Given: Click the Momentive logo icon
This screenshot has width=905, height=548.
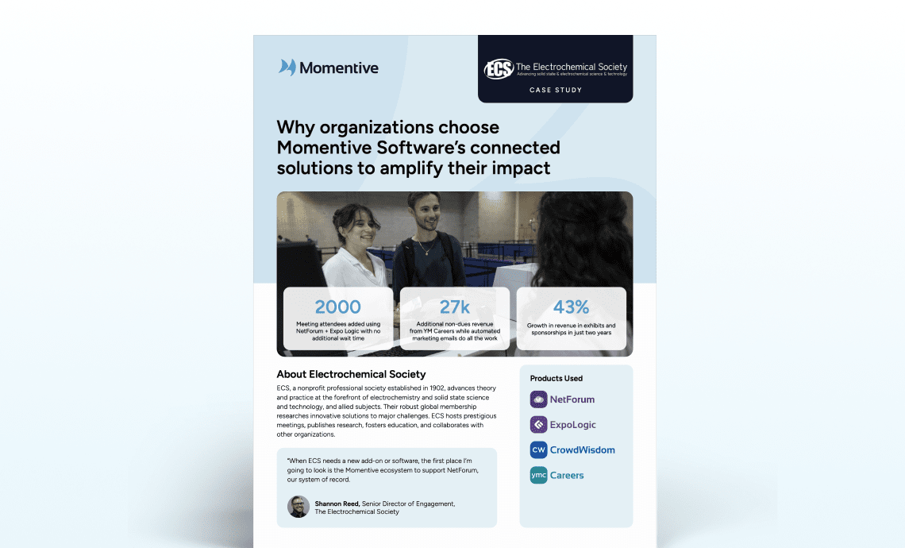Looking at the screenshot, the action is [x=287, y=68].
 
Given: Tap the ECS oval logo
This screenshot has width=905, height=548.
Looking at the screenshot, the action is [x=499, y=69].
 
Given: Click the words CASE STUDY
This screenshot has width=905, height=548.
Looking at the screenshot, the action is [x=556, y=90].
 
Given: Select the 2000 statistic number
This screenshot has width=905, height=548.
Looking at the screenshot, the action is [x=337, y=307].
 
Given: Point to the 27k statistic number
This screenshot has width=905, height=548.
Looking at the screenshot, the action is [x=454, y=307].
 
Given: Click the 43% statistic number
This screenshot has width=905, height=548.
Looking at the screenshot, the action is [x=571, y=307].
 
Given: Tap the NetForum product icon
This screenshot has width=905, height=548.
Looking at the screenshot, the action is [x=538, y=399].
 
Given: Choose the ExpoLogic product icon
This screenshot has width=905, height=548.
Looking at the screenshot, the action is [x=538, y=424].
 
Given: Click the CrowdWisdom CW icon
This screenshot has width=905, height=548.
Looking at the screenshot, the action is [x=538, y=450].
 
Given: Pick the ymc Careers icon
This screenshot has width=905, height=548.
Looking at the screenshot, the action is [x=538, y=475].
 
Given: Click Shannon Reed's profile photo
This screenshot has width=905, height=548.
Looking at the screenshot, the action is [x=298, y=507].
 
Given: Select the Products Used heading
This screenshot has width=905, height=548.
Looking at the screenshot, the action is [x=556, y=378].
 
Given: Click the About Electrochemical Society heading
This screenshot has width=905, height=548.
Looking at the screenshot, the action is [x=351, y=374].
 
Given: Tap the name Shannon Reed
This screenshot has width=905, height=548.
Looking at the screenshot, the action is [x=337, y=504].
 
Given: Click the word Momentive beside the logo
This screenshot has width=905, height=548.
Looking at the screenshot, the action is [x=339, y=68].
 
